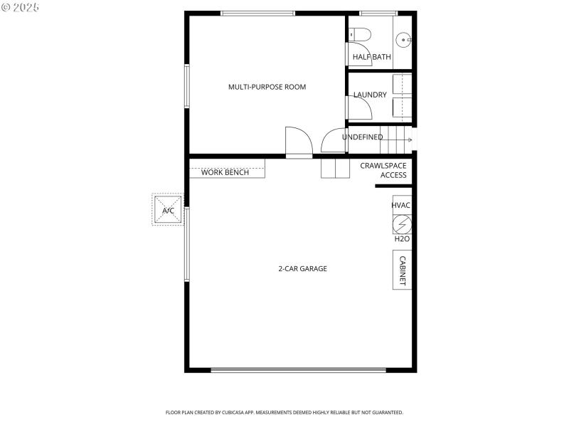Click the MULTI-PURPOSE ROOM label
tap(267, 87)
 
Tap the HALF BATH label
tap(371, 57)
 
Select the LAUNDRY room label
tap(370, 95)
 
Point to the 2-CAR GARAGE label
tap(302, 268)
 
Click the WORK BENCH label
tap(225, 172)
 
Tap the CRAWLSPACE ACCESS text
tap(383, 170)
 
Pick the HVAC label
tap(401, 206)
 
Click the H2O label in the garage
tap(402, 239)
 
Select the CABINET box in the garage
tap(402, 271)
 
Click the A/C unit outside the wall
tap(169, 210)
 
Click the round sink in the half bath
tap(405, 40)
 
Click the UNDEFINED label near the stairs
tap(362, 137)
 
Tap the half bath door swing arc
tap(360, 54)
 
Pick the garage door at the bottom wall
tap(299, 369)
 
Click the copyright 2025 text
tap(21, 7)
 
